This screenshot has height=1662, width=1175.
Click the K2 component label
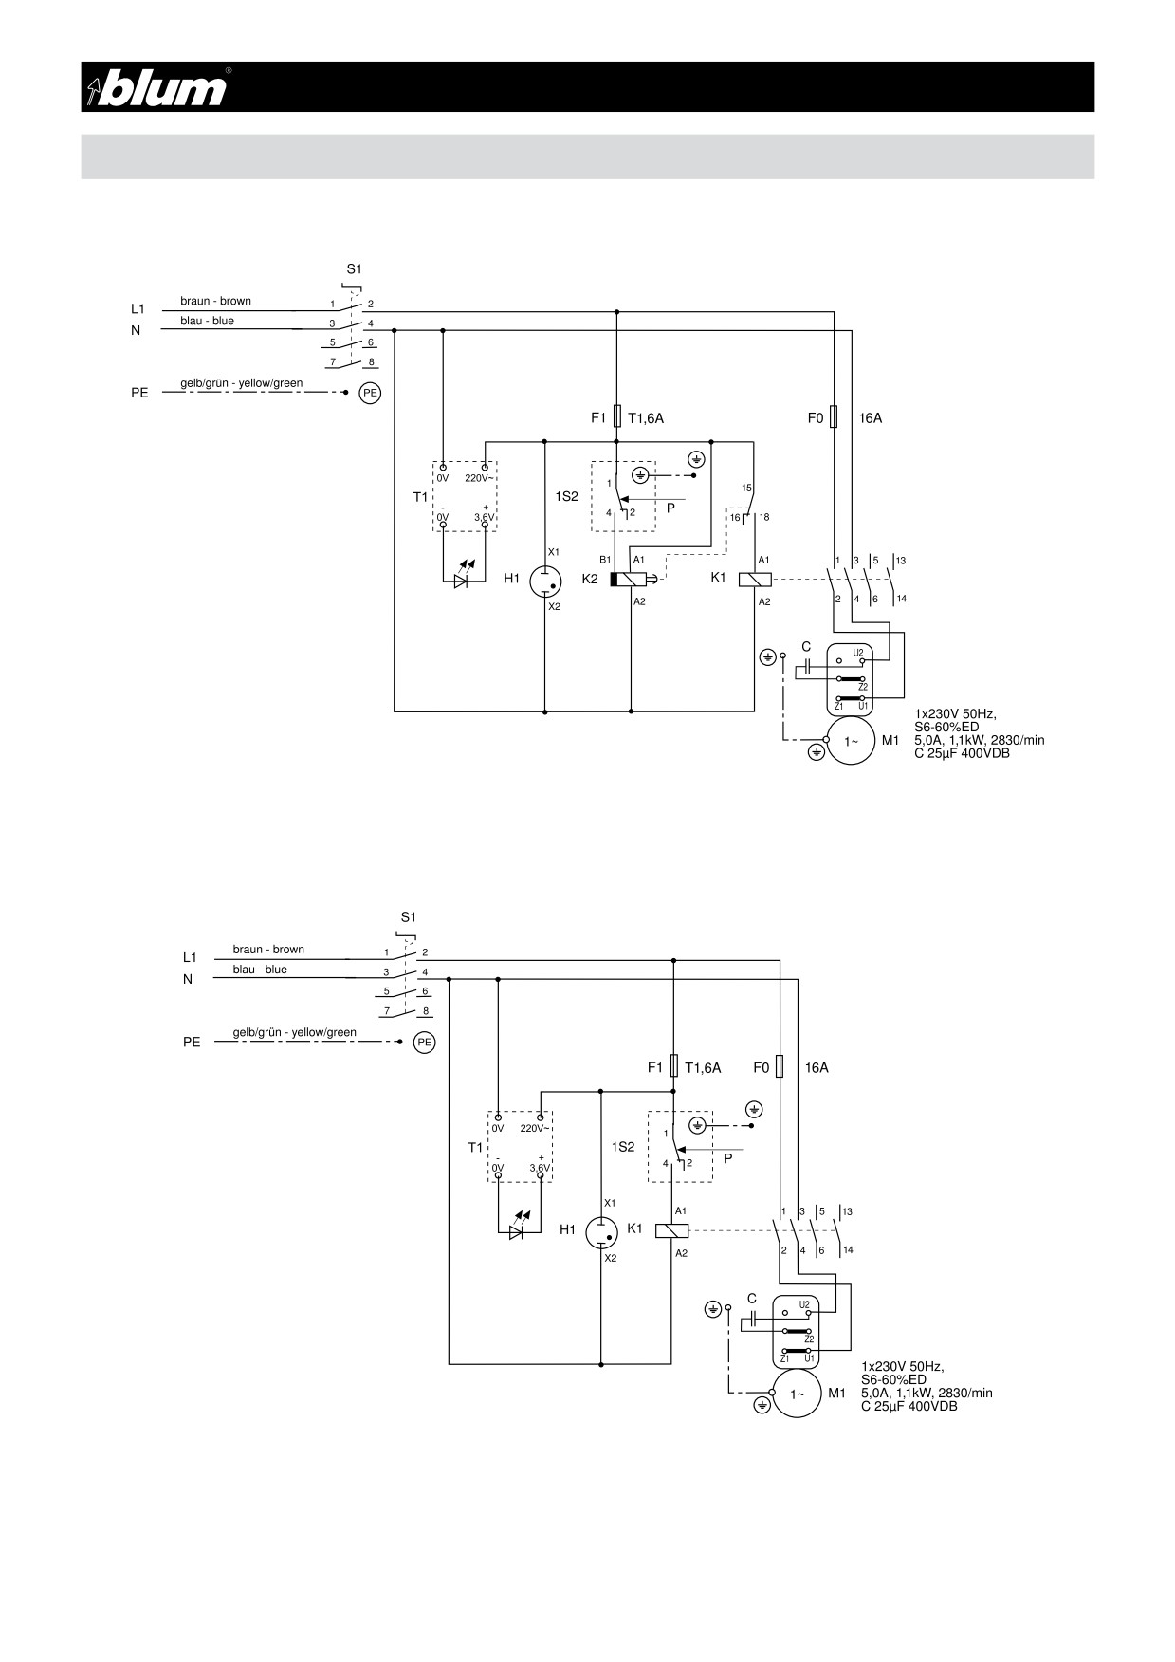[590, 579]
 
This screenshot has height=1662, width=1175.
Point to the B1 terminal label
[604, 560]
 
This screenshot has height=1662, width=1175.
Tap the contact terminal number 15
[746, 488]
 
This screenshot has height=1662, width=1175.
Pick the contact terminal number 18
[763, 517]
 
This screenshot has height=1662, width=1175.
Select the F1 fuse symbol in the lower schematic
[673, 1066]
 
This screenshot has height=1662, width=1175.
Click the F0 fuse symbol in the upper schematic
[834, 416]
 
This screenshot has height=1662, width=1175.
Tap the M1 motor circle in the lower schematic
[799, 1394]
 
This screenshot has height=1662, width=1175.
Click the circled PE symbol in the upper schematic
[370, 392]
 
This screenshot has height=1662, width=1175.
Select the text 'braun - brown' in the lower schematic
[268, 950]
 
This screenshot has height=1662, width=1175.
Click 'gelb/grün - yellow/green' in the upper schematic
[242, 383]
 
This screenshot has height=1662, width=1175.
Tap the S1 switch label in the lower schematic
[408, 917]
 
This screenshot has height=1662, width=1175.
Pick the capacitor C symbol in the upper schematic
[805, 667]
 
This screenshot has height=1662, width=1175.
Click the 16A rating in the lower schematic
[817, 1067]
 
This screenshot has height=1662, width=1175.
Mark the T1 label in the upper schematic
[421, 497]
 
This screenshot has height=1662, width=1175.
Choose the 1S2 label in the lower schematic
[623, 1147]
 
